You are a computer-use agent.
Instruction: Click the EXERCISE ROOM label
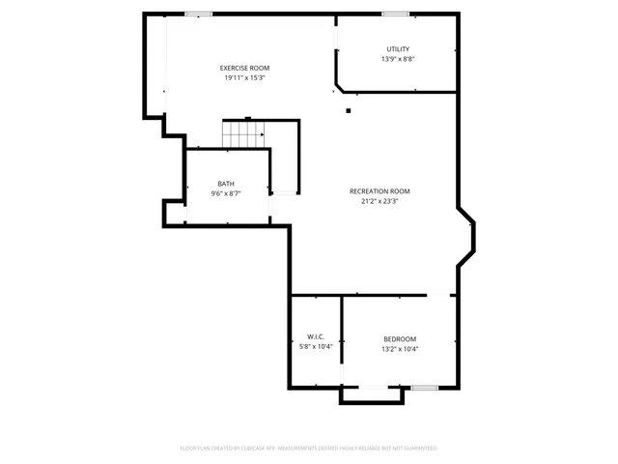[244, 68]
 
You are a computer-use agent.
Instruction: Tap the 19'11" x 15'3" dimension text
[244, 77]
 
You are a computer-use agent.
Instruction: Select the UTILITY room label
[398, 49]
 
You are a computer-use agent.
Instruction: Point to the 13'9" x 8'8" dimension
[398, 59]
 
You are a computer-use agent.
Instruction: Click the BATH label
[225, 184]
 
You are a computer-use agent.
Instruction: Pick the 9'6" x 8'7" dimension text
[225, 193]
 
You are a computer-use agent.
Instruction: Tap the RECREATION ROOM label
[379, 191]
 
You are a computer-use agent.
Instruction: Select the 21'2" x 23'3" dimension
[379, 201]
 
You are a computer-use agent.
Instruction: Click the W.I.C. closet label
[316, 336]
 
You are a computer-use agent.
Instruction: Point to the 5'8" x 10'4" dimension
[316, 346]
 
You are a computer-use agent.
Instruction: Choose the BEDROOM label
[400, 338]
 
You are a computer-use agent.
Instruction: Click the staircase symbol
[244, 134]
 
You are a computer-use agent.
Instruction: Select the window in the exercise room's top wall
[199, 14]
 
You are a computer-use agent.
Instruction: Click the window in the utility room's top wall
[394, 14]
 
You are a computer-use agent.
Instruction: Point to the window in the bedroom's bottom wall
[424, 388]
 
